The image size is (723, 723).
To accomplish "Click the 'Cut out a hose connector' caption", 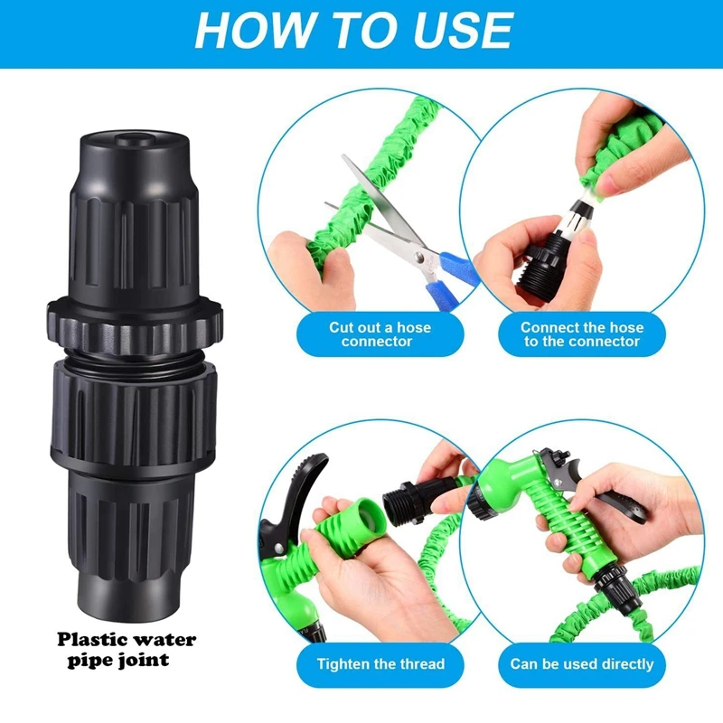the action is tap(380, 334).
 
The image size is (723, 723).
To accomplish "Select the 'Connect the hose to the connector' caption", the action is tap(582, 334).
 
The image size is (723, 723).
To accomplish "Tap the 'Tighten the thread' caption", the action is tap(380, 663).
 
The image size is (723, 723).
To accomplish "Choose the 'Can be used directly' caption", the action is tap(582, 663).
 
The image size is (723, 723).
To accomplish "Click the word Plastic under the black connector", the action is tap(92, 640).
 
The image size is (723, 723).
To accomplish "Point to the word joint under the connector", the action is tap(144, 661).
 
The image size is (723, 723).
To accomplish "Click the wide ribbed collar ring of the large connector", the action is tap(135, 325).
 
